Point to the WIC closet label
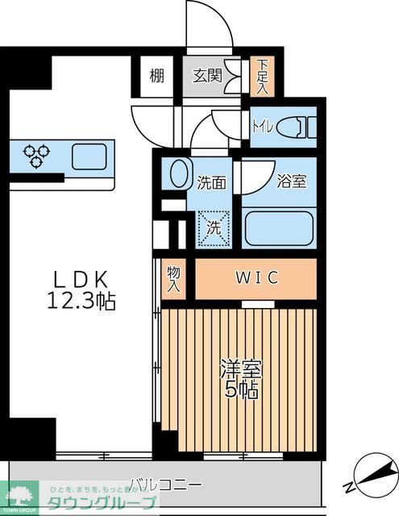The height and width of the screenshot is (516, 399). point(256,279)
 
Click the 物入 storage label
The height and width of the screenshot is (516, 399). point(174,279)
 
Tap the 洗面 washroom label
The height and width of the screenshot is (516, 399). point(211,182)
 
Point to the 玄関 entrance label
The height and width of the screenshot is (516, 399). point(207,77)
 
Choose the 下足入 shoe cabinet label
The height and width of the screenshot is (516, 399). point(261,77)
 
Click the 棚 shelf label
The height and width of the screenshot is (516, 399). point(156,77)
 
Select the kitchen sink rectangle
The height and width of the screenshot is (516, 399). point(89,156)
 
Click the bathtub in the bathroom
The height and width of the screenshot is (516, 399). point(278,228)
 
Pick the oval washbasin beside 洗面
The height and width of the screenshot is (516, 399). point(177,175)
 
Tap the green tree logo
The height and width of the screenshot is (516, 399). point(22,493)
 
